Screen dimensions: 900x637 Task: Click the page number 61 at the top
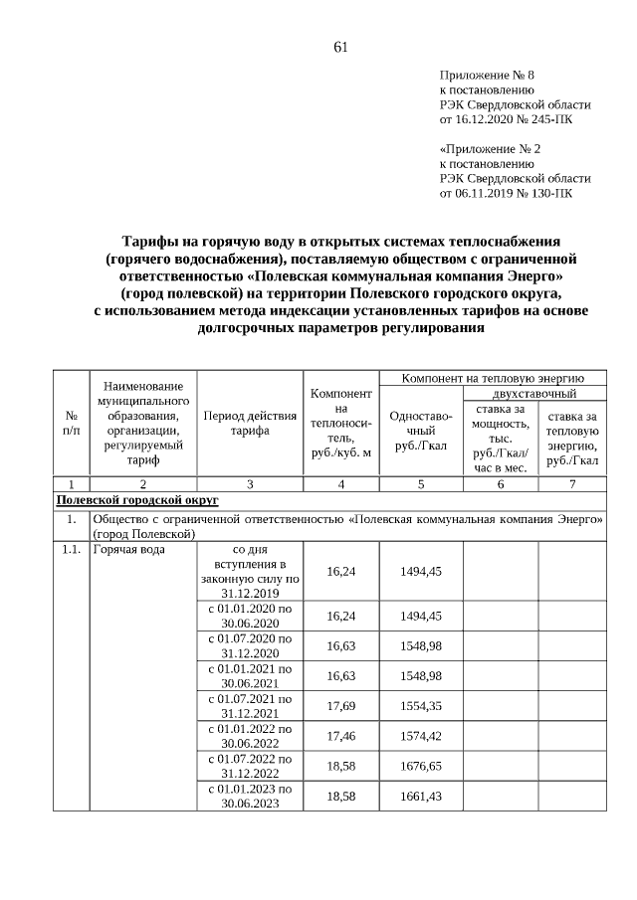(x=340, y=47)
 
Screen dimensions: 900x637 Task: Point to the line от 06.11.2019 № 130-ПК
(x=506, y=193)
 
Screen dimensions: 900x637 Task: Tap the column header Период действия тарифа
(x=249, y=424)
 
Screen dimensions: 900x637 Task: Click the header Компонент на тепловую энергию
(x=492, y=379)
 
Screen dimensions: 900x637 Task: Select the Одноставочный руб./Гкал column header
(x=421, y=432)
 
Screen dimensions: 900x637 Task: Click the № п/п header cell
(x=71, y=424)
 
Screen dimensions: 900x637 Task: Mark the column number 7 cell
(x=571, y=484)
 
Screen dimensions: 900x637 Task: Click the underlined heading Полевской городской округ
(x=137, y=500)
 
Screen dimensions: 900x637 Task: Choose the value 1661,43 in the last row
(x=421, y=797)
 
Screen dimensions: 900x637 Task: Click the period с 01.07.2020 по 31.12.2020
(x=249, y=645)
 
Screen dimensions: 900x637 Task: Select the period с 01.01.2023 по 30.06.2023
(x=249, y=797)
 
